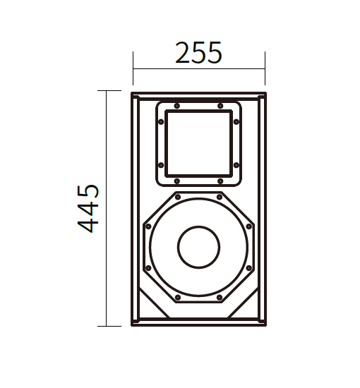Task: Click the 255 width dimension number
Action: tap(198, 52)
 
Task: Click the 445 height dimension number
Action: tap(88, 208)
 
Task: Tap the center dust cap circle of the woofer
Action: tap(198, 247)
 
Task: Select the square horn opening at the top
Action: tap(198, 143)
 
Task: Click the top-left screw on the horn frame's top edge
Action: tap(176, 106)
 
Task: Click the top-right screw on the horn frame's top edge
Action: tap(220, 106)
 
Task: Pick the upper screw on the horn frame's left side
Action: tap(161, 122)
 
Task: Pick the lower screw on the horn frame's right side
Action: tap(236, 165)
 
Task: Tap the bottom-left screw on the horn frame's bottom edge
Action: tap(176, 181)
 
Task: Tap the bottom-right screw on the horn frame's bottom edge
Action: tap(220, 181)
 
